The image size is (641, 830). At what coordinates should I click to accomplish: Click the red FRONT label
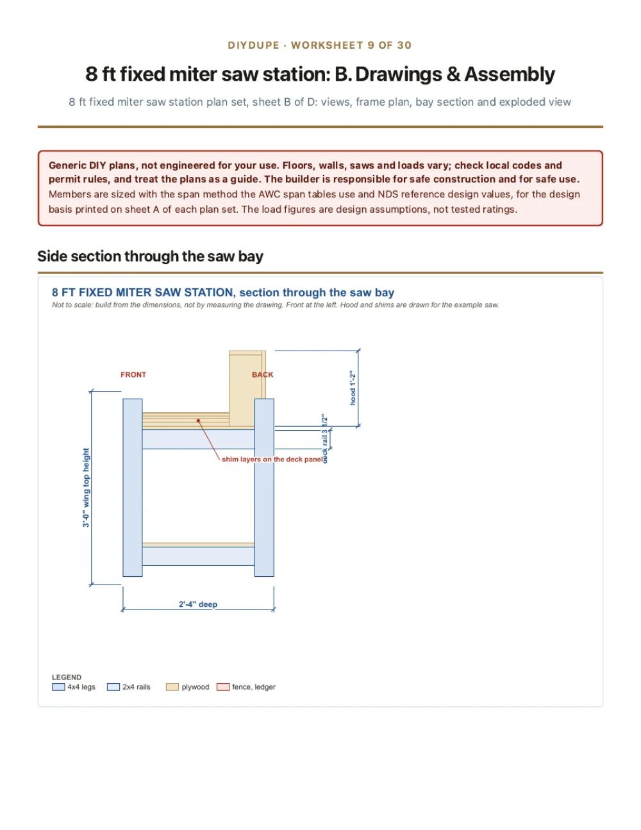[133, 375]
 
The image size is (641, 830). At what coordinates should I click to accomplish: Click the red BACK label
[262, 375]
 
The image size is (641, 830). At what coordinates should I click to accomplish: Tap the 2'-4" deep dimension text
[198, 604]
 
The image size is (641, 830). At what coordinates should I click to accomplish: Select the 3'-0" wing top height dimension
[86, 487]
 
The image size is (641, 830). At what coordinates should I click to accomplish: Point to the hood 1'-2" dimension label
[353, 387]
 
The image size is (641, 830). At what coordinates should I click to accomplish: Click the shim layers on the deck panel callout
[272, 459]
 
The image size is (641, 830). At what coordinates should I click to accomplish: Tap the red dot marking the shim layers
[198, 420]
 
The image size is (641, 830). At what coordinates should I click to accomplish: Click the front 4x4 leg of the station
[133, 487]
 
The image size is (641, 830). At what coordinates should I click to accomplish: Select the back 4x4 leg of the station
[264, 487]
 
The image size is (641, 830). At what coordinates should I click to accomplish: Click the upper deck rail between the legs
[198, 439]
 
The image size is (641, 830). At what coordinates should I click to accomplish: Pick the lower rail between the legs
[198, 556]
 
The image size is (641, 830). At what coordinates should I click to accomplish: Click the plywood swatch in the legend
[172, 687]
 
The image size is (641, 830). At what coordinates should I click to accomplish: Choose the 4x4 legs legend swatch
[58, 687]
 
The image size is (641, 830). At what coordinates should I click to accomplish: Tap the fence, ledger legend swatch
[223, 687]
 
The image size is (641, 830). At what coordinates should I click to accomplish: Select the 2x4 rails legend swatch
[113, 687]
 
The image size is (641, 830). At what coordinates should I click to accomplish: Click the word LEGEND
[67, 677]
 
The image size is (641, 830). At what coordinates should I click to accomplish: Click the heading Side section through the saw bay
[150, 256]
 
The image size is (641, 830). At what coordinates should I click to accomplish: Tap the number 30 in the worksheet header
[404, 45]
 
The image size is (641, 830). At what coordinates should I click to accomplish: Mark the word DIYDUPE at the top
[254, 45]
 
